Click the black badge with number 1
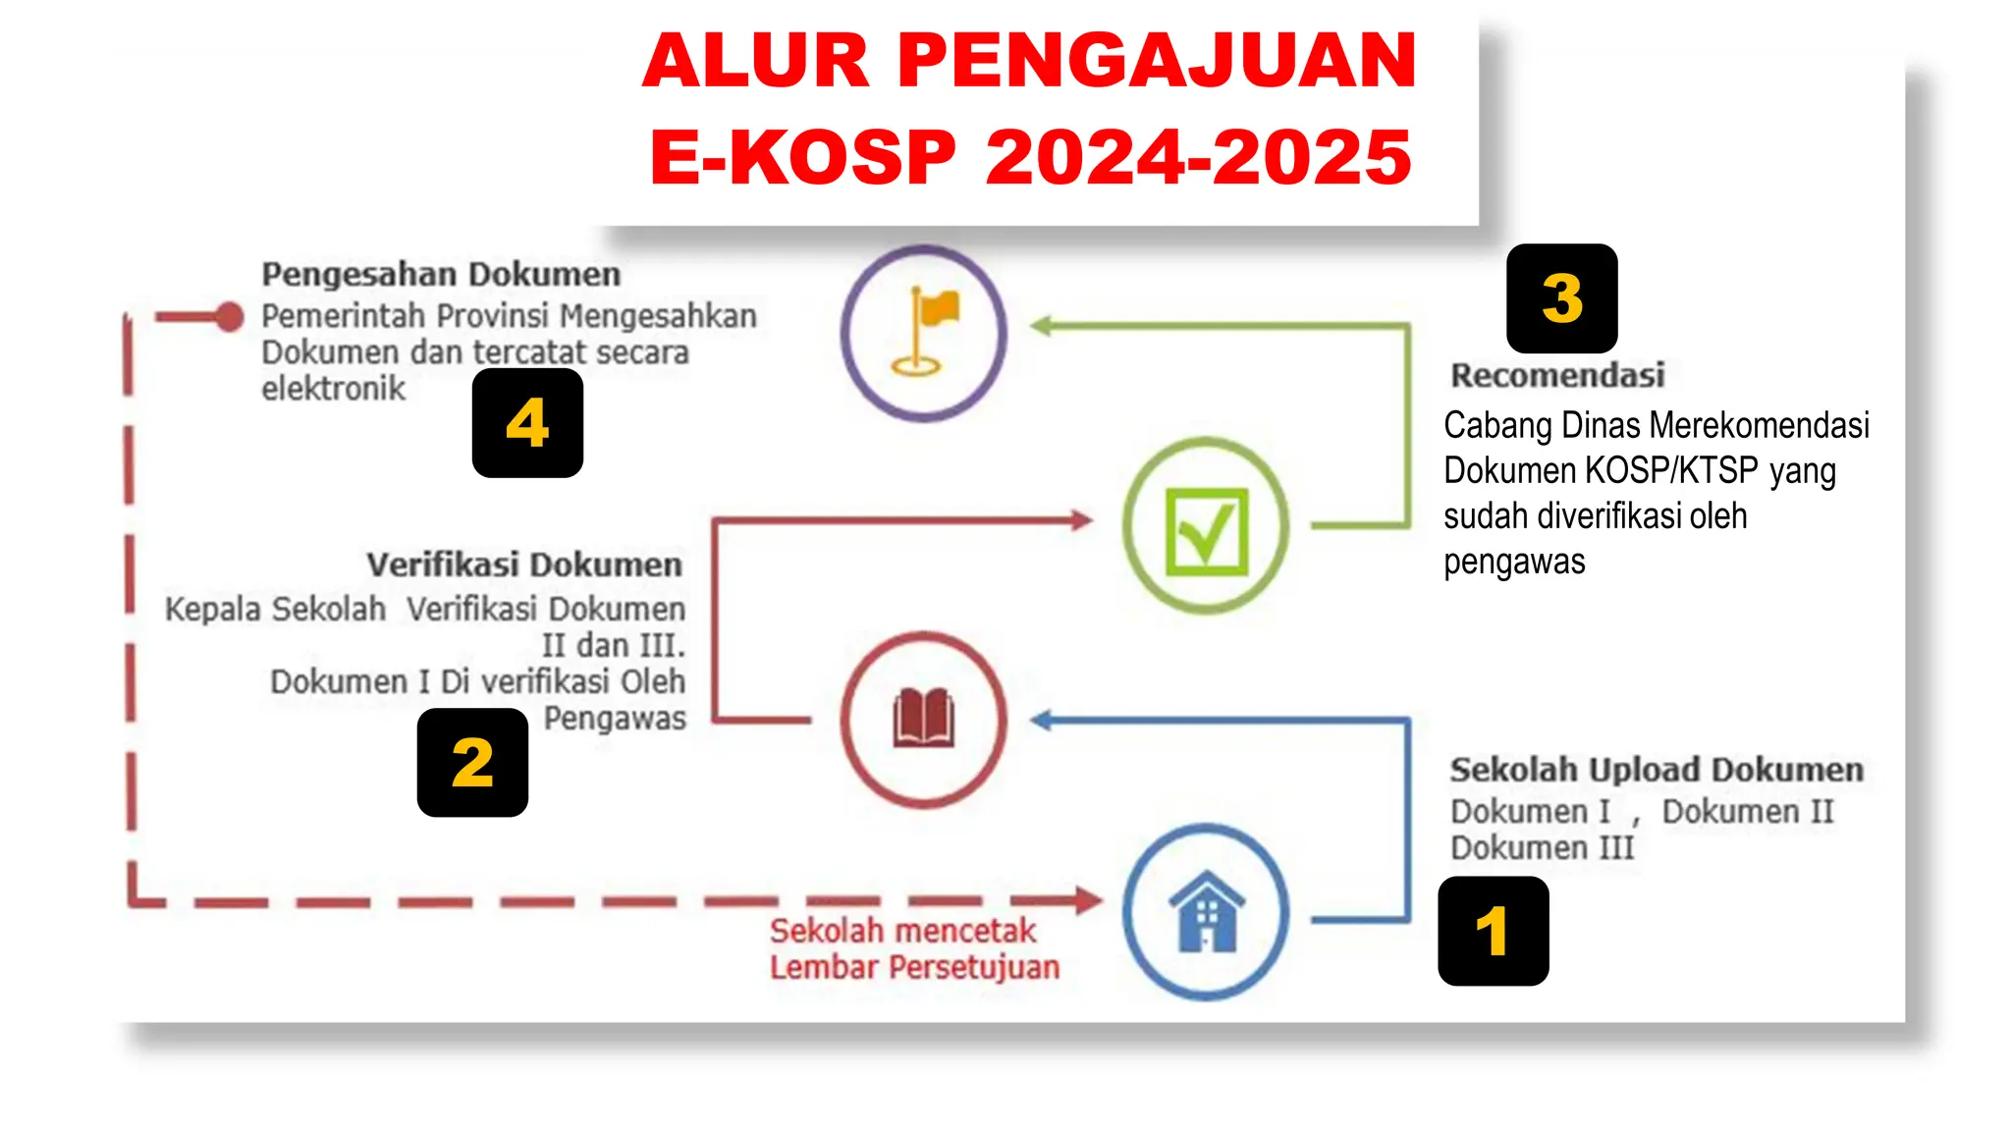1493,931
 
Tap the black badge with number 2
472,762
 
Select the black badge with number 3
1561,298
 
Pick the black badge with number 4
527,423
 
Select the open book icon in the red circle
923,719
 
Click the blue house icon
1206,912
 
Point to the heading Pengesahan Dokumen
441,275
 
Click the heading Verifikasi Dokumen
524,565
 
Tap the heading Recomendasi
1557,375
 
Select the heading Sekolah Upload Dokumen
1657,770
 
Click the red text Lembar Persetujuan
914,968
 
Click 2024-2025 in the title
1198,157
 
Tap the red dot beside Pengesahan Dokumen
230,316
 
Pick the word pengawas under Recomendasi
1514,563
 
